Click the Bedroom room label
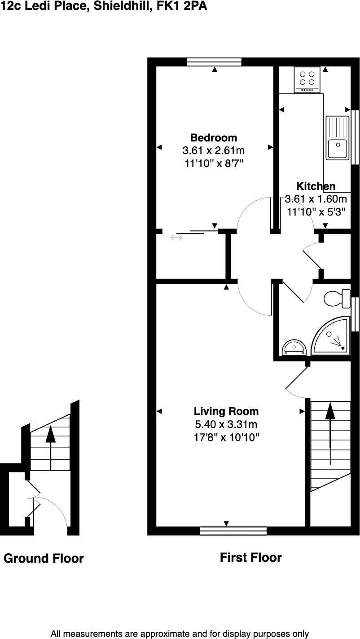click(214, 137)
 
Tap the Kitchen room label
click(316, 186)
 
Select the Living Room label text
click(226, 411)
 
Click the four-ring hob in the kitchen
click(307, 79)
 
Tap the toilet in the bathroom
click(337, 298)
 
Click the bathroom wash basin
click(294, 348)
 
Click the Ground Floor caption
click(44, 559)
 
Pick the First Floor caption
click(250, 558)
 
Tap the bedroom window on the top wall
click(214, 62)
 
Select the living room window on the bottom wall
click(233, 531)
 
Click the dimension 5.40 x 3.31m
click(226, 424)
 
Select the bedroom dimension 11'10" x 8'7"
click(214, 163)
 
